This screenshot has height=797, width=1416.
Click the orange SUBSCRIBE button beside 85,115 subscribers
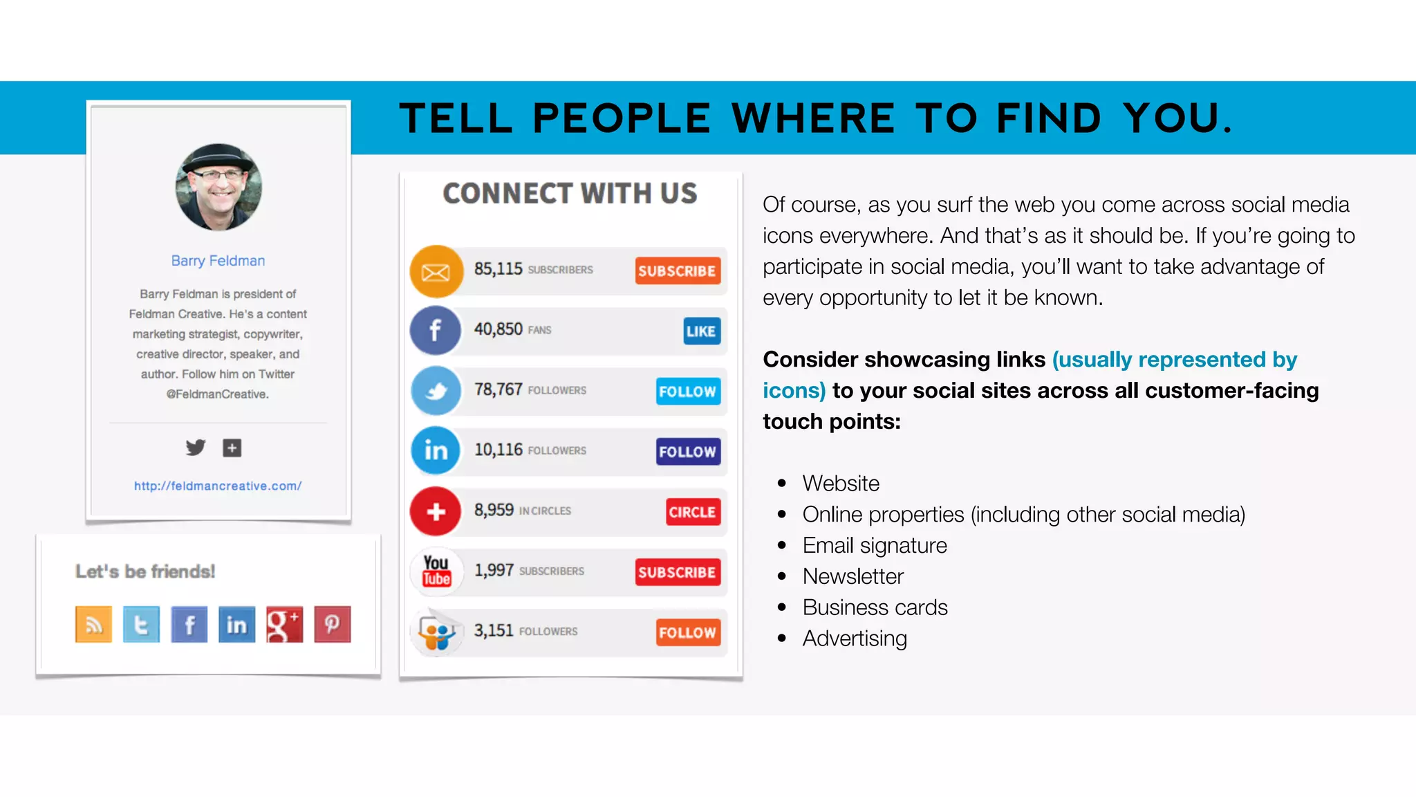(678, 271)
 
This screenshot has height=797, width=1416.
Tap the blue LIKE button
(701, 331)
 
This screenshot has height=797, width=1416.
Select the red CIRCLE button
(692, 512)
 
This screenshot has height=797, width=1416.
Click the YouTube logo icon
(436, 571)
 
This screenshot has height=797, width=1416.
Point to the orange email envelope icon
(436, 271)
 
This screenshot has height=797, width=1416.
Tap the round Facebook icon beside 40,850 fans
(435, 330)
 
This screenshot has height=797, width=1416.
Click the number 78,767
(498, 390)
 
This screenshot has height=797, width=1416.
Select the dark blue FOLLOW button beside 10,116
(688, 452)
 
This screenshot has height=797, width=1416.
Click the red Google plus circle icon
(436, 511)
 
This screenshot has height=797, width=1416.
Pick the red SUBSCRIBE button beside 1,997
(677, 572)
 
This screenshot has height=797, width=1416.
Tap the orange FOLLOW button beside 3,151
(687, 632)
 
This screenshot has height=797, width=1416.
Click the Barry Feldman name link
(218, 261)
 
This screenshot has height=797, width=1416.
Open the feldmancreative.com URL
(218, 486)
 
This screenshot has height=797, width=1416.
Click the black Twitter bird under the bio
(196, 448)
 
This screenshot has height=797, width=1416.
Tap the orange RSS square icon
(93, 624)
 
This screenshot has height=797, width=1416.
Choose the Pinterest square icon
(333, 624)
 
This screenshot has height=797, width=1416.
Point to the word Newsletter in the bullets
(853, 576)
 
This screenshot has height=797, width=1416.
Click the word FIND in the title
(1048, 118)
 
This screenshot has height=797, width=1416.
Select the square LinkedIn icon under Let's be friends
(236, 624)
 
